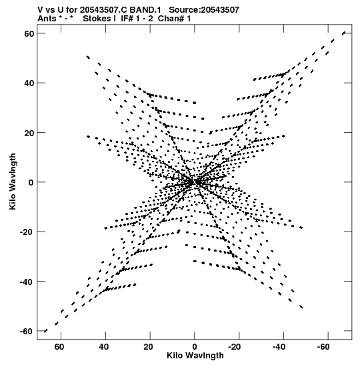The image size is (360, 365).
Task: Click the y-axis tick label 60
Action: pyautogui.click(x=29, y=33)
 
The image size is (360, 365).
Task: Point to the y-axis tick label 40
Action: pyautogui.click(x=29, y=83)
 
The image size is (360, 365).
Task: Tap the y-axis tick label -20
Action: pyautogui.click(x=27, y=232)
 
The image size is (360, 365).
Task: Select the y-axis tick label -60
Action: pyautogui.click(x=27, y=331)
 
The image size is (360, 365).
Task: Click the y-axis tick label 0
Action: pyautogui.click(x=31, y=182)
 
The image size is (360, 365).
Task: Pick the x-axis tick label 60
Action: pyautogui.click(x=59, y=347)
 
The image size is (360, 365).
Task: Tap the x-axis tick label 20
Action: pyautogui.click(x=148, y=347)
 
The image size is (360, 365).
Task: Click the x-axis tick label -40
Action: pyautogui.click(x=279, y=347)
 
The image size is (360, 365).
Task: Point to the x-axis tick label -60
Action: pyautogui.click(x=323, y=347)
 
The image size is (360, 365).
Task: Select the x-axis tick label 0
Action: pyautogui.click(x=195, y=347)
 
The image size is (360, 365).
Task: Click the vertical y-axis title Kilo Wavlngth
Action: pyautogui.click(x=13, y=181)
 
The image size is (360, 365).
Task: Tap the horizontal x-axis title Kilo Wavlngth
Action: pyautogui.click(x=195, y=356)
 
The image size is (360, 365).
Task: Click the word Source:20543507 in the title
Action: pyautogui.click(x=204, y=10)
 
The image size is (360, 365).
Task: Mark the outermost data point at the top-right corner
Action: pyautogui.click(x=343, y=33)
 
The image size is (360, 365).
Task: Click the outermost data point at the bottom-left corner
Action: pyautogui.click(x=45, y=331)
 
